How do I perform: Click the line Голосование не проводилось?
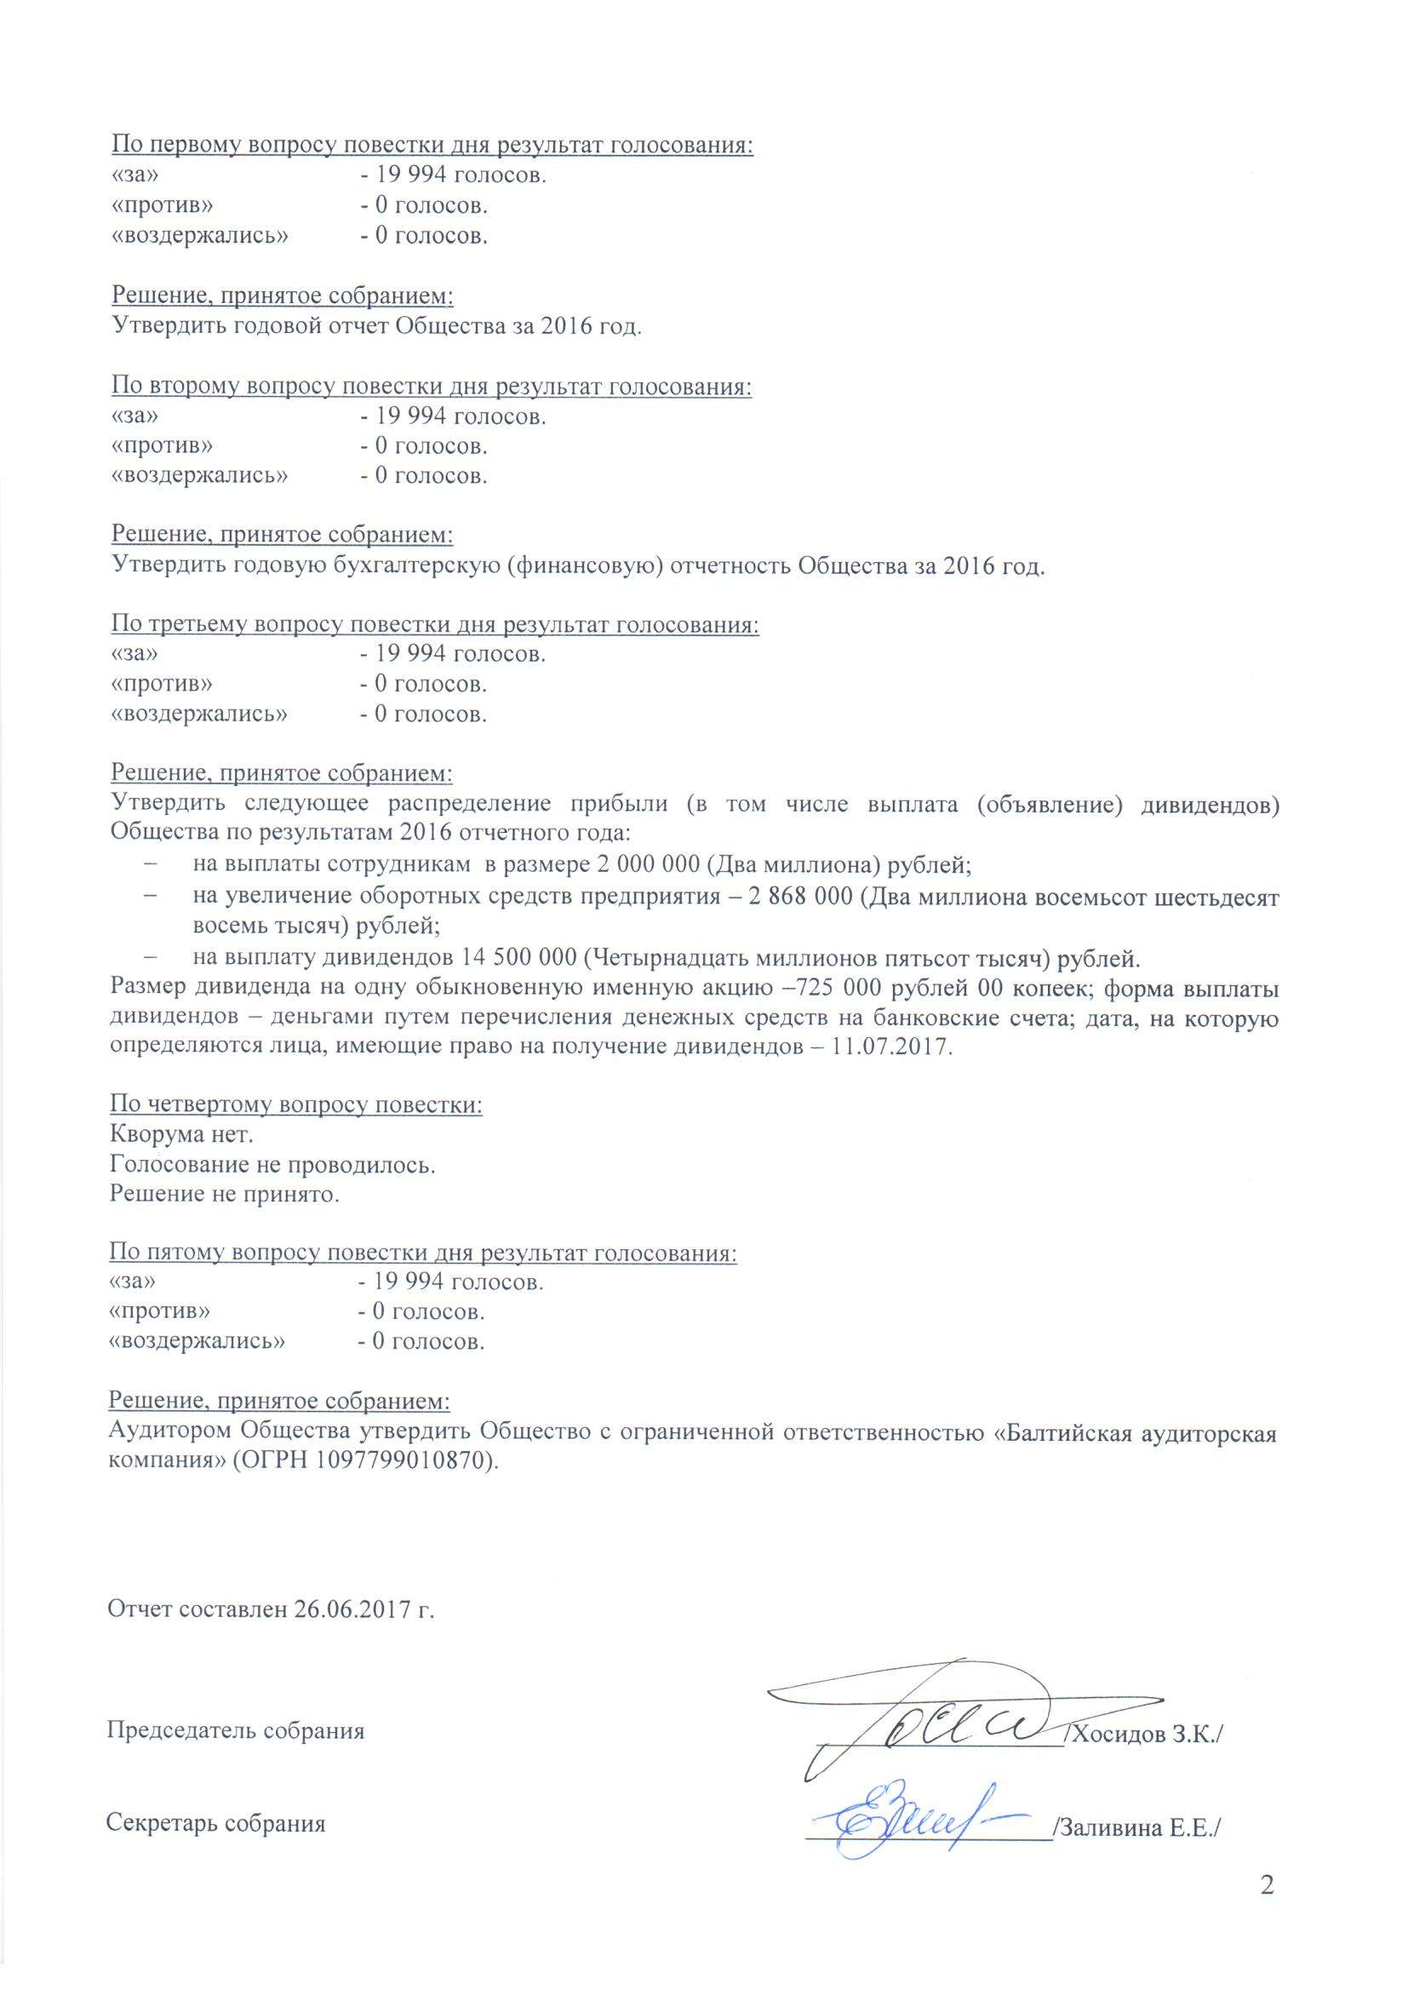point(272,1165)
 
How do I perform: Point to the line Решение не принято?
point(224,1194)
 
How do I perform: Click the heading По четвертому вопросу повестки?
point(295,1104)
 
